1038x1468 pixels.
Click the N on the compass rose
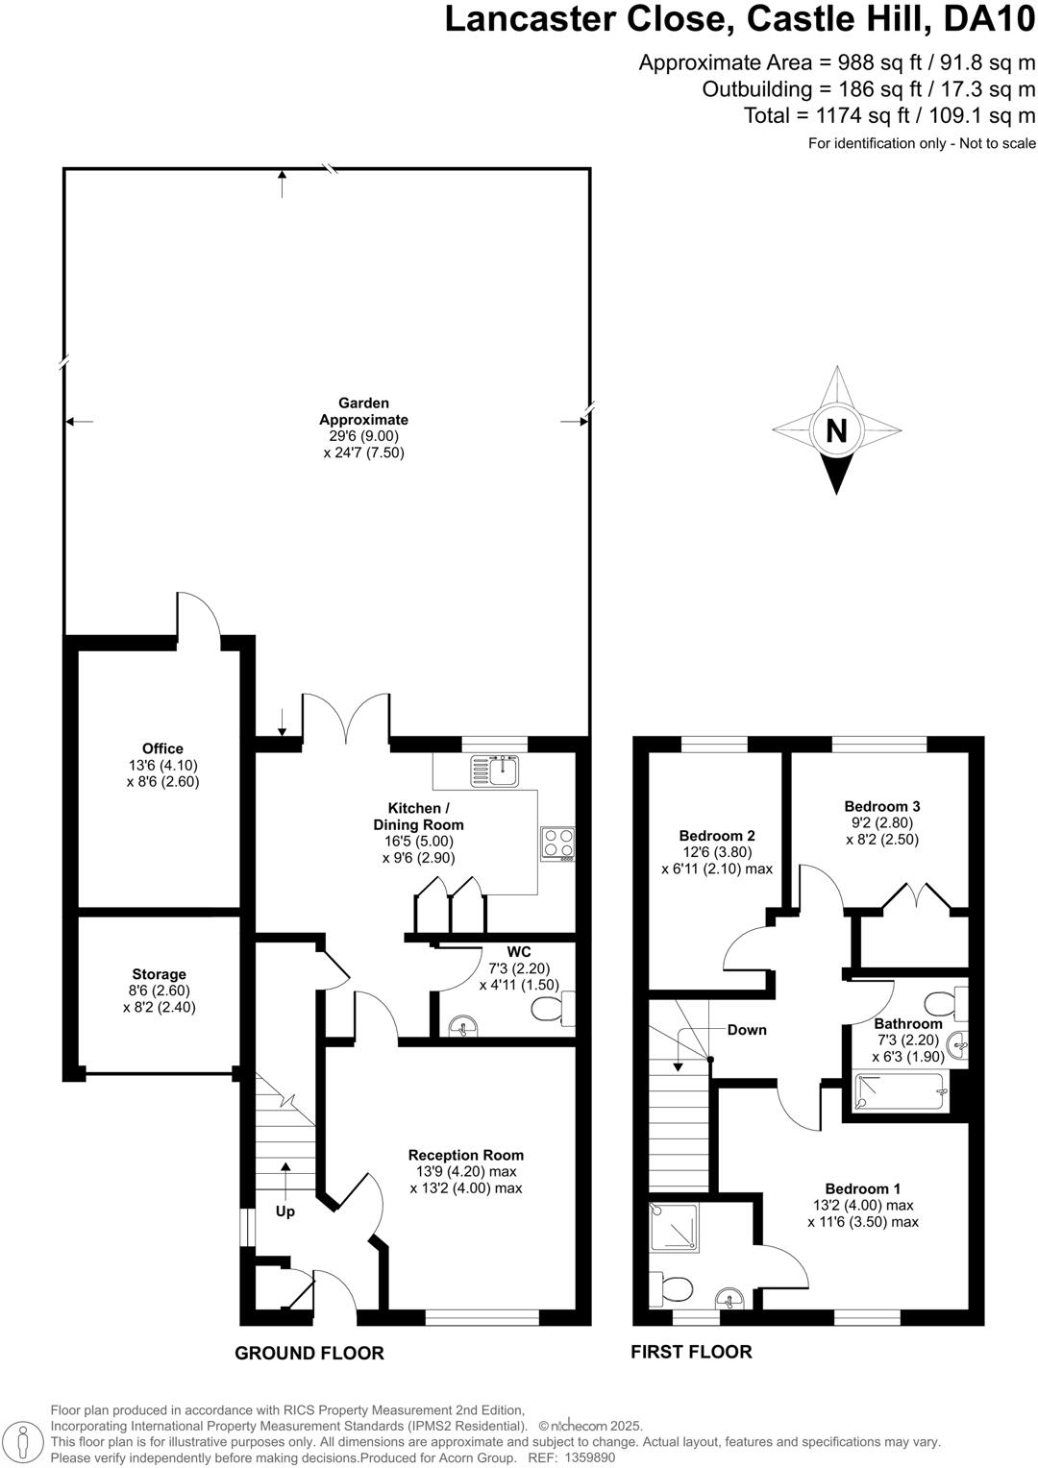click(x=836, y=431)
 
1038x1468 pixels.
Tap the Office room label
click(x=162, y=748)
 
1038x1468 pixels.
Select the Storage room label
click(x=160, y=974)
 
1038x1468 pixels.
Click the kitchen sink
click(x=495, y=770)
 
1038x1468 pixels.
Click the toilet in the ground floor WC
click(x=550, y=1008)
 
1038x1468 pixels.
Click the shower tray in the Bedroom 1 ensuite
click(x=674, y=1226)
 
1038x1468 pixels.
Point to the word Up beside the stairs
click(x=285, y=1211)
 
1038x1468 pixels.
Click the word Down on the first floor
click(x=747, y=1030)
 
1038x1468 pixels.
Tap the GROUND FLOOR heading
click(x=309, y=1353)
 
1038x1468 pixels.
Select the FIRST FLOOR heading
click(x=691, y=1352)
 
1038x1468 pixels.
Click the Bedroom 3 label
click(x=882, y=806)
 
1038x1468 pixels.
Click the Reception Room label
click(x=466, y=1155)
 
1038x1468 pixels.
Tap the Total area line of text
click(x=889, y=116)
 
